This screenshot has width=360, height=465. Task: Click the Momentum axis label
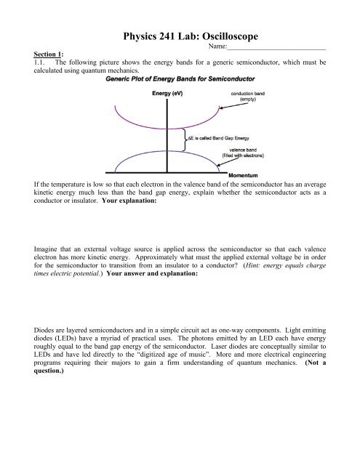point(244,176)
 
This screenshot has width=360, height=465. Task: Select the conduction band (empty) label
point(252,97)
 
